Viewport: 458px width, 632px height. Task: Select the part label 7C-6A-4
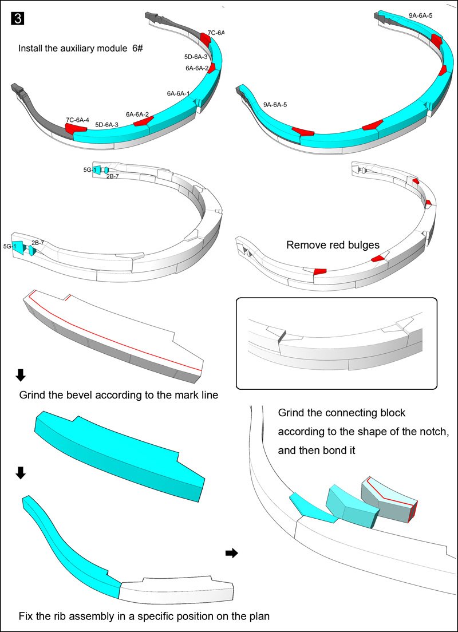point(77,120)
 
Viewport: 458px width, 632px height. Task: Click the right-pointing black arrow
point(231,553)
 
